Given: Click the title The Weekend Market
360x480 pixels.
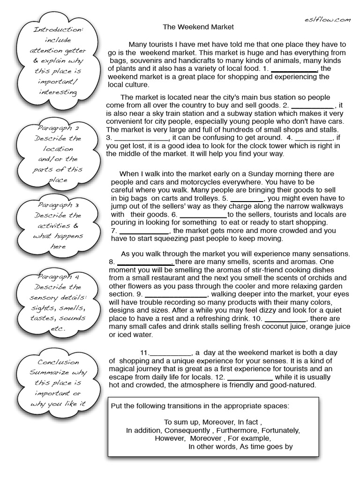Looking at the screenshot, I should coord(198,27).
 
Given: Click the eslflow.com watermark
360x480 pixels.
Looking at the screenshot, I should coord(326,19).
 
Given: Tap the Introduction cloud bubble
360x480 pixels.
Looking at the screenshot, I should coord(58,61).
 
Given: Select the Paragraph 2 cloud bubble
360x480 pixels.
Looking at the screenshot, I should coord(58,154).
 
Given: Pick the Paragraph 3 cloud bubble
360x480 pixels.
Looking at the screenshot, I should coord(58,225).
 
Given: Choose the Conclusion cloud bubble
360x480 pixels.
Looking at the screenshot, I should coord(58,382).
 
